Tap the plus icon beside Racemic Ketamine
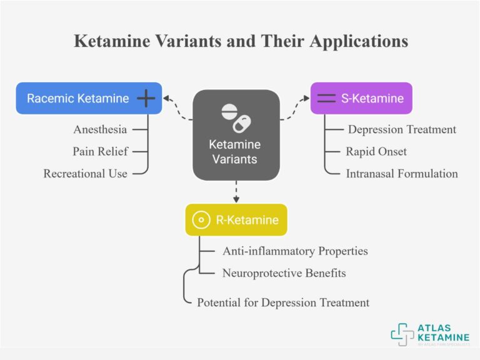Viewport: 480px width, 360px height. (146, 98)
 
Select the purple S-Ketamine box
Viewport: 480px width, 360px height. (361, 98)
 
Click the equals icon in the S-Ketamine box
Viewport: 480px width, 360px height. (326, 98)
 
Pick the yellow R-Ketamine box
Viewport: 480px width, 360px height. (236, 220)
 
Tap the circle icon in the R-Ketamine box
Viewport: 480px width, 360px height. (201, 220)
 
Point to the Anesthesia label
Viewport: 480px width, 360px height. (100, 130)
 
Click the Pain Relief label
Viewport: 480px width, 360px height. (100, 152)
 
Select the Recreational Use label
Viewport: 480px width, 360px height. (86, 174)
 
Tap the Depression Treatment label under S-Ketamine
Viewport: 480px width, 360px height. (402, 130)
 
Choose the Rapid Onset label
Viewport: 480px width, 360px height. (376, 152)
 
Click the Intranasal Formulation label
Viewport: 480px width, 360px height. (402, 174)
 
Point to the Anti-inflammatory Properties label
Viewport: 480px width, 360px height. (295, 251)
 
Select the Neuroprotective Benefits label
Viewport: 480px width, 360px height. (284, 273)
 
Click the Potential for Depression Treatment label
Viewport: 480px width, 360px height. (283, 302)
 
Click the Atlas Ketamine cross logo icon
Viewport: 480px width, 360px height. (402, 334)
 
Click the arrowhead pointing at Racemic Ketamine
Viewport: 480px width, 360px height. (167, 98)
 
